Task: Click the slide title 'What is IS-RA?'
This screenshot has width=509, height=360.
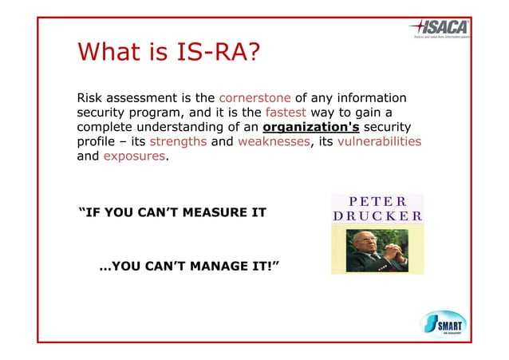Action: (x=168, y=53)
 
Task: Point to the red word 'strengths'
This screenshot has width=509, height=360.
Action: (x=178, y=142)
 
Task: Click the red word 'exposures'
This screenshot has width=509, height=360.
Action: (x=136, y=156)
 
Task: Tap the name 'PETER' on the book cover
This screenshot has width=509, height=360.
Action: (x=377, y=201)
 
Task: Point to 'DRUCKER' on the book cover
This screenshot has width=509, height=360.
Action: (x=377, y=216)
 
